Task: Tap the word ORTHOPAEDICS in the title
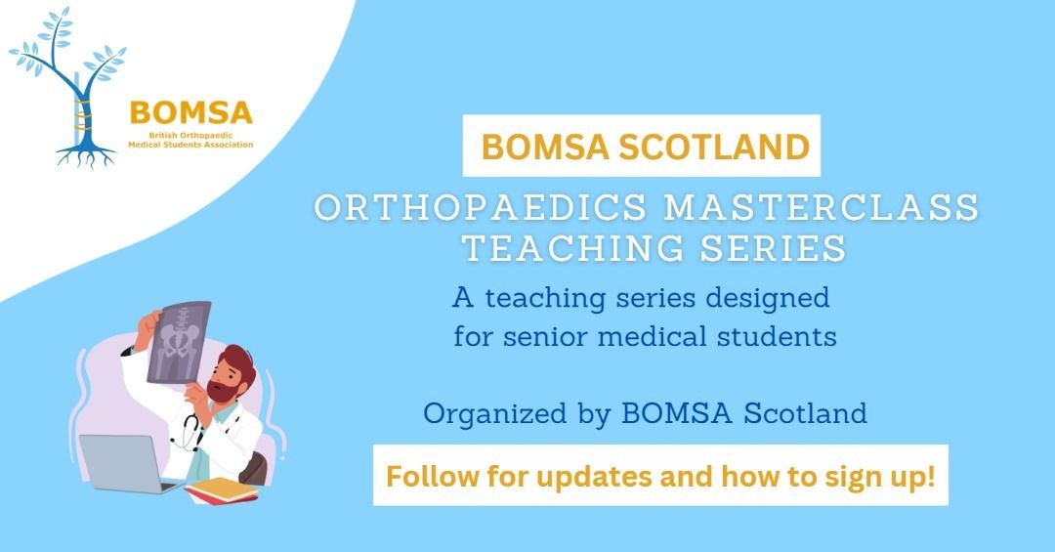(481, 207)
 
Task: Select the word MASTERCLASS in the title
(822, 207)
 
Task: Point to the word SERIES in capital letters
(773, 248)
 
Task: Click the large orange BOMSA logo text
(191, 113)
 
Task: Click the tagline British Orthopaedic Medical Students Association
(191, 140)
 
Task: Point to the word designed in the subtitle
(767, 298)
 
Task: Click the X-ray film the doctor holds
(177, 341)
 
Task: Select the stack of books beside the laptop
(222, 490)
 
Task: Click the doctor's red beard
(222, 390)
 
